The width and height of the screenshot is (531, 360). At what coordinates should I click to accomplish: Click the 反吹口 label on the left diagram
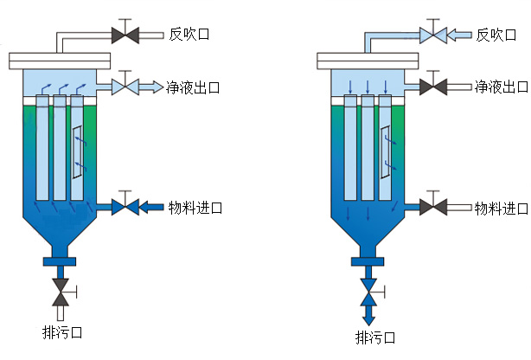tap(189, 35)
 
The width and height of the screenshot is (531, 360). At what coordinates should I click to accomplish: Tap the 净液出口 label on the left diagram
tap(195, 87)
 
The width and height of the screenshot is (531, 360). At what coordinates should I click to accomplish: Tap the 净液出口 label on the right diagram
tap(501, 87)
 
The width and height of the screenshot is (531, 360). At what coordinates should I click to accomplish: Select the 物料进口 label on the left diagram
tap(195, 208)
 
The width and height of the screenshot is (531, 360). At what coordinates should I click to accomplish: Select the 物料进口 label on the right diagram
tap(501, 208)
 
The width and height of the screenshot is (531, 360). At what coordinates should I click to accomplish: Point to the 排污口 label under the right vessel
tap(374, 336)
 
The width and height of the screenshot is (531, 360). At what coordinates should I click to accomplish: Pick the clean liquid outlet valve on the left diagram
tap(126, 87)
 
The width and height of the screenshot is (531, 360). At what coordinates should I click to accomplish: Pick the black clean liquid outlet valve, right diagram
tap(432, 87)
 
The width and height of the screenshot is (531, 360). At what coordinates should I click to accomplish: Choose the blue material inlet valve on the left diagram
tap(126, 207)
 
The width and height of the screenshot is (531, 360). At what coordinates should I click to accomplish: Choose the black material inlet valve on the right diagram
tap(432, 207)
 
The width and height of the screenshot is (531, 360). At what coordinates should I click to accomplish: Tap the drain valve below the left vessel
tap(61, 291)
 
